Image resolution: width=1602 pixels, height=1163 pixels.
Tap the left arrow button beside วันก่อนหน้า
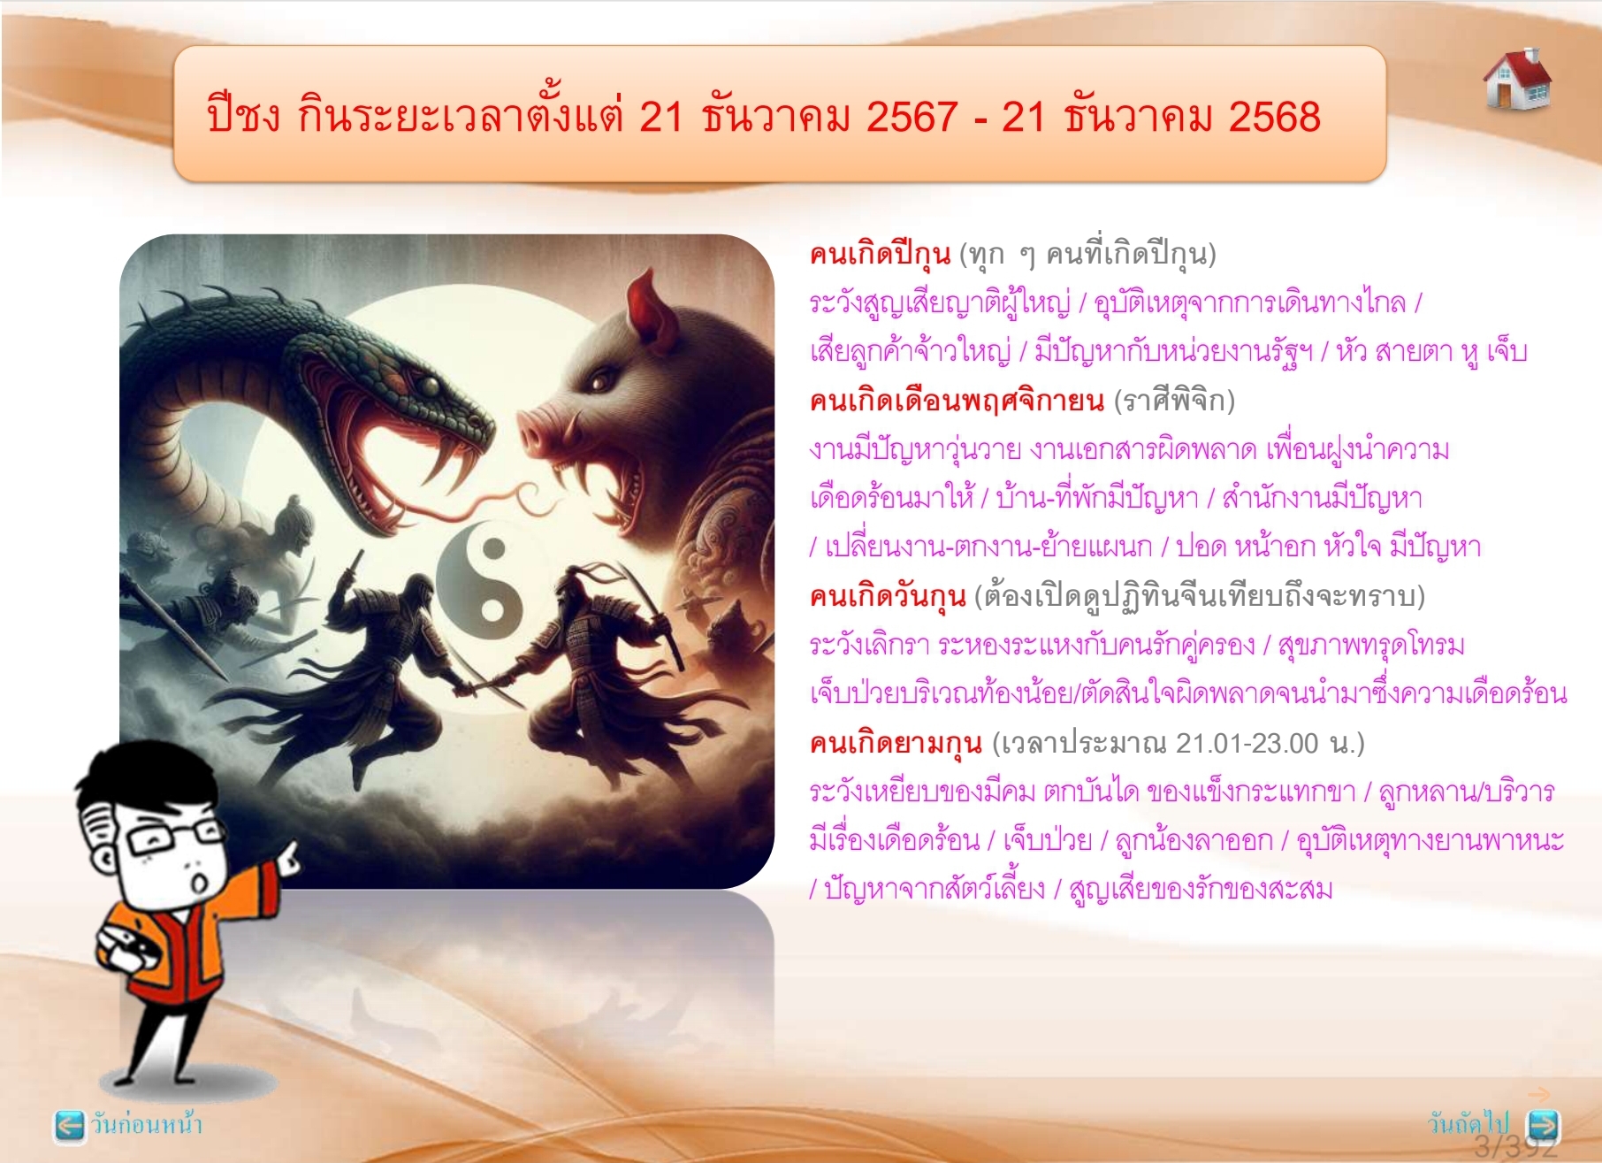69,1124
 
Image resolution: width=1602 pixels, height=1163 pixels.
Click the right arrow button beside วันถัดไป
1543,1124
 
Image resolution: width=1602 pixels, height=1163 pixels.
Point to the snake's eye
430,387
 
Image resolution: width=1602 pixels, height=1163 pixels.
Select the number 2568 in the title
1274,117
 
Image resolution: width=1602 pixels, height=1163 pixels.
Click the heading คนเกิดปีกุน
880,255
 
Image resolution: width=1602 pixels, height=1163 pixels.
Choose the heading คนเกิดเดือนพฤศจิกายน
957,402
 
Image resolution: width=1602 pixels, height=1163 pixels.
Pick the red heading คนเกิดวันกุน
887,597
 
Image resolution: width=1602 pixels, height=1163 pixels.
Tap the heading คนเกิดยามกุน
896,743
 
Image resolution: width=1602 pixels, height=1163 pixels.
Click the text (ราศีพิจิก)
1174,402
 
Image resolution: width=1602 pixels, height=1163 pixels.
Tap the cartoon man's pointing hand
286,856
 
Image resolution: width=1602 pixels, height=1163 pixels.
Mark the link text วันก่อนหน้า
147,1124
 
